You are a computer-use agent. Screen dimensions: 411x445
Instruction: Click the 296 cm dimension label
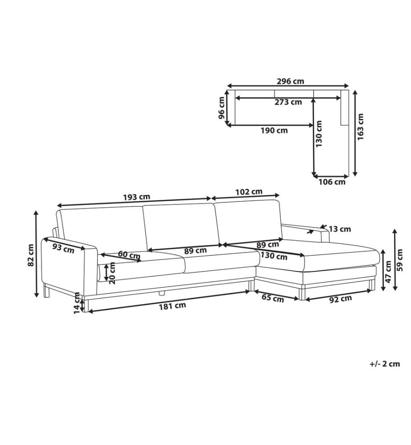pos(290,81)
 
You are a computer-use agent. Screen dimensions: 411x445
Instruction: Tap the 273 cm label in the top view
pos(288,102)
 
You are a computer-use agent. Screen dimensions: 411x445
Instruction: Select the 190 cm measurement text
pos(274,130)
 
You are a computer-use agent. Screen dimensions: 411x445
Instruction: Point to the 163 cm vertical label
pos(360,126)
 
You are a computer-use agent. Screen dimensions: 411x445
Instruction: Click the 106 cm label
pos(332,182)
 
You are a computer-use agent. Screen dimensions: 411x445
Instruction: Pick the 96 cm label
pos(222,108)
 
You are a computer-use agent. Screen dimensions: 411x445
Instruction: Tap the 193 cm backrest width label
pos(137,197)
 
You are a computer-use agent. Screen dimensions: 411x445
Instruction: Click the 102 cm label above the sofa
pos(249,192)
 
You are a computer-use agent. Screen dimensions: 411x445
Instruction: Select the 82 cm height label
pos(31,255)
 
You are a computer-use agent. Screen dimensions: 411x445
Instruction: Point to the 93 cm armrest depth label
pos(64,249)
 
